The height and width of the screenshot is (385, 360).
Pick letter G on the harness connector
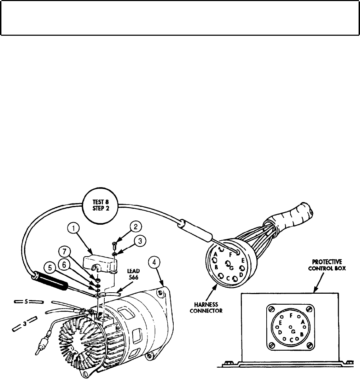[x=231, y=268]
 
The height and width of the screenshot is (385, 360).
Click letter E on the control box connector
[x=280, y=323]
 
